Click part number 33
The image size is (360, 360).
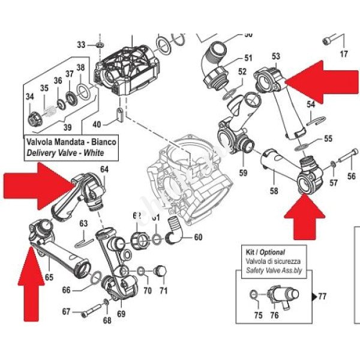(82, 44)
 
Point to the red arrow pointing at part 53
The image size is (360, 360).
(322, 82)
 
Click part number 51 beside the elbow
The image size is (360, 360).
(248, 58)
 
